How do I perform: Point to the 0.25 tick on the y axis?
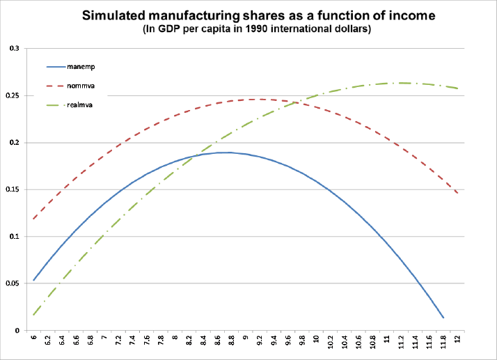(13, 95)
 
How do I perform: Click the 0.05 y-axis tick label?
(13, 283)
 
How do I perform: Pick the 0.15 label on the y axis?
(13, 189)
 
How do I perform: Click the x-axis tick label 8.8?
(232, 340)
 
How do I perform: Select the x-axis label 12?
(457, 338)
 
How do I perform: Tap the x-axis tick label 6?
(33, 337)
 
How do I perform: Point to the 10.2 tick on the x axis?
(331, 342)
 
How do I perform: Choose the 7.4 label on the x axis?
(133, 340)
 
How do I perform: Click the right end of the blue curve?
(443, 318)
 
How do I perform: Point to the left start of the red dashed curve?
(33, 219)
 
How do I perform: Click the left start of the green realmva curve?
(33, 315)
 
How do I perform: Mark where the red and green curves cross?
(297, 102)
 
